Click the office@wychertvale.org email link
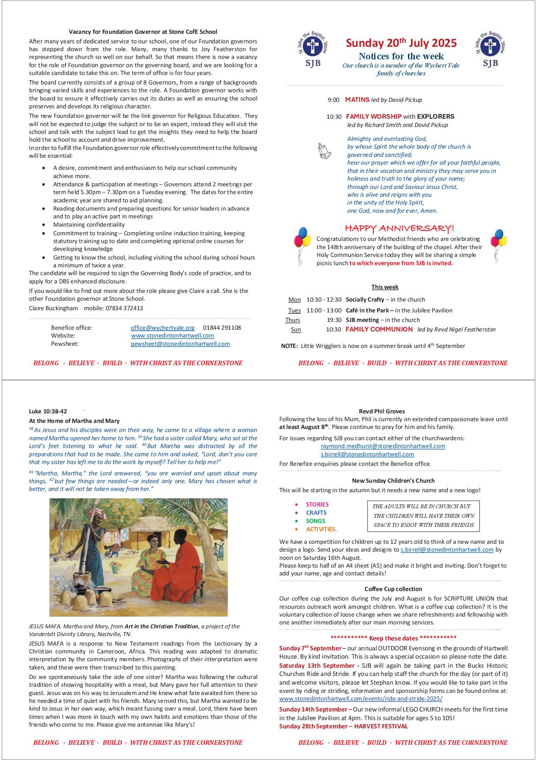click(162, 328)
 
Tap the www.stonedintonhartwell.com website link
click(172, 335)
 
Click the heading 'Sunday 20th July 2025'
click(401, 43)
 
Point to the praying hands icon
click(324, 151)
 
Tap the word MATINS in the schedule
click(357, 100)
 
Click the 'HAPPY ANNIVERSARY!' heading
click(399, 228)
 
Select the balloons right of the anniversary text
click(498, 245)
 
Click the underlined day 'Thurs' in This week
click(293, 320)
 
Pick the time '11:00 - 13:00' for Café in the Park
click(324, 310)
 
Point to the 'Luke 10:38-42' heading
click(48, 411)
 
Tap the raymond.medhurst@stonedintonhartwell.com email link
click(383, 446)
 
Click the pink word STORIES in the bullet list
click(317, 504)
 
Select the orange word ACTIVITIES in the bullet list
click(321, 529)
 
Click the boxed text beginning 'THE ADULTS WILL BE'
click(423, 516)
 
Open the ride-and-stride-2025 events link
click(361, 699)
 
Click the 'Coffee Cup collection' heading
click(393, 589)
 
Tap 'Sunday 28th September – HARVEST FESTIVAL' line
click(343, 726)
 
